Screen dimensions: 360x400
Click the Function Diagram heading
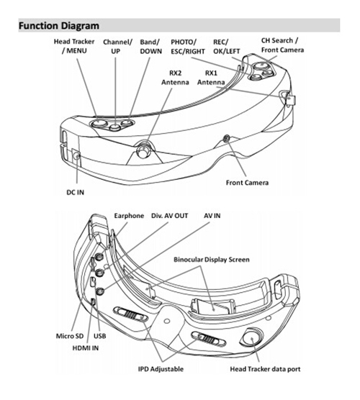59,26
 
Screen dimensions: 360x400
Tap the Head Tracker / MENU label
74,46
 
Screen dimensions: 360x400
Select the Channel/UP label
117,47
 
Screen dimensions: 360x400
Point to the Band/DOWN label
150,47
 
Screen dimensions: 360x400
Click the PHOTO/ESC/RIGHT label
188,47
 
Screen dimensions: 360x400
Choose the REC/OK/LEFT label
227,47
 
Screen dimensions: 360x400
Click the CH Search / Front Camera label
282,45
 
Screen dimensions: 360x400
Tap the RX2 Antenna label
175,78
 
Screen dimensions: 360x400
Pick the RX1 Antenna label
211,78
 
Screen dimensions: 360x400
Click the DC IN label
75,192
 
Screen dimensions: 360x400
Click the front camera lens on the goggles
226,138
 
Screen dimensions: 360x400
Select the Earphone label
129,216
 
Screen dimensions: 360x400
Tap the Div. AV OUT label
169,216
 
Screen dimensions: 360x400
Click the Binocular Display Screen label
212,260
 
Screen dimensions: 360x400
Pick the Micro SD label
70,336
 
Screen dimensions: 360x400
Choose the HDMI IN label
85,348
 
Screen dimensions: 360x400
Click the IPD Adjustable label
161,369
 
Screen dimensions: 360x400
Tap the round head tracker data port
251,337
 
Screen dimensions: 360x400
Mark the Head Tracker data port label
265,369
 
